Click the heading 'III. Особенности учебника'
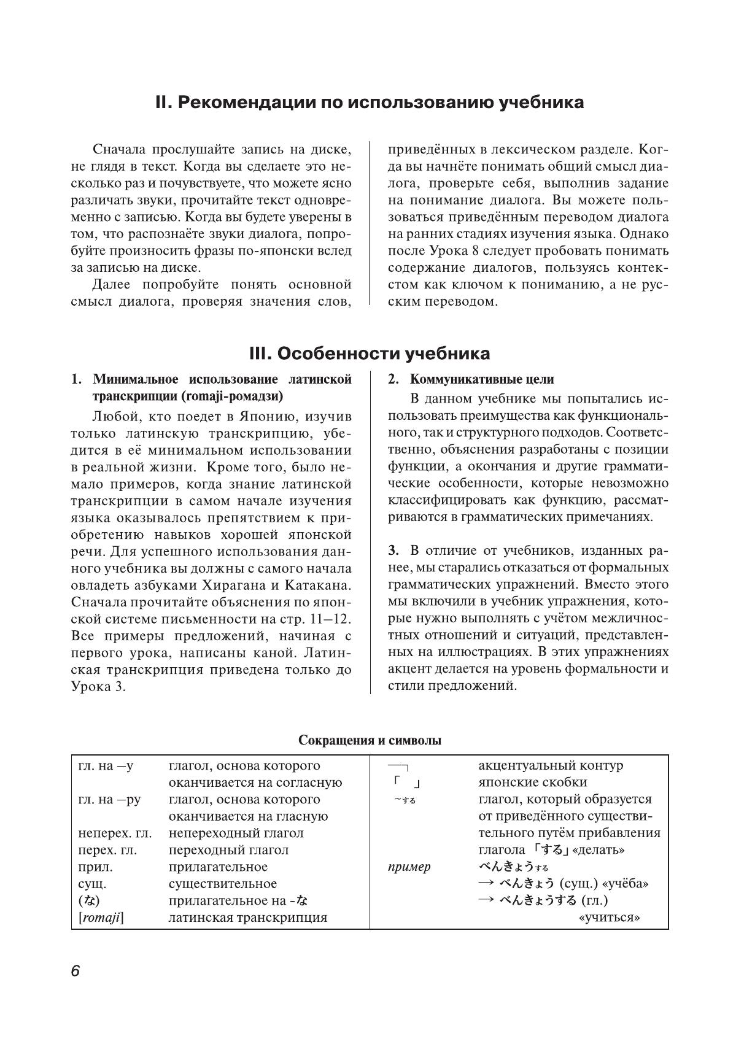(370, 354)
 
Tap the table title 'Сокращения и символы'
(370, 740)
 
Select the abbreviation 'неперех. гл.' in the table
(115, 833)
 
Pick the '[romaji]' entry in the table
(101, 918)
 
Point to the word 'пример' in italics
(409, 867)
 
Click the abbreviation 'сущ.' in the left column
(93, 884)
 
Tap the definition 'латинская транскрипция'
(247, 918)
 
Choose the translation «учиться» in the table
(609, 918)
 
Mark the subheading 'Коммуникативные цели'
(481, 379)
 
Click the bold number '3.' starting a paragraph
(394, 551)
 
